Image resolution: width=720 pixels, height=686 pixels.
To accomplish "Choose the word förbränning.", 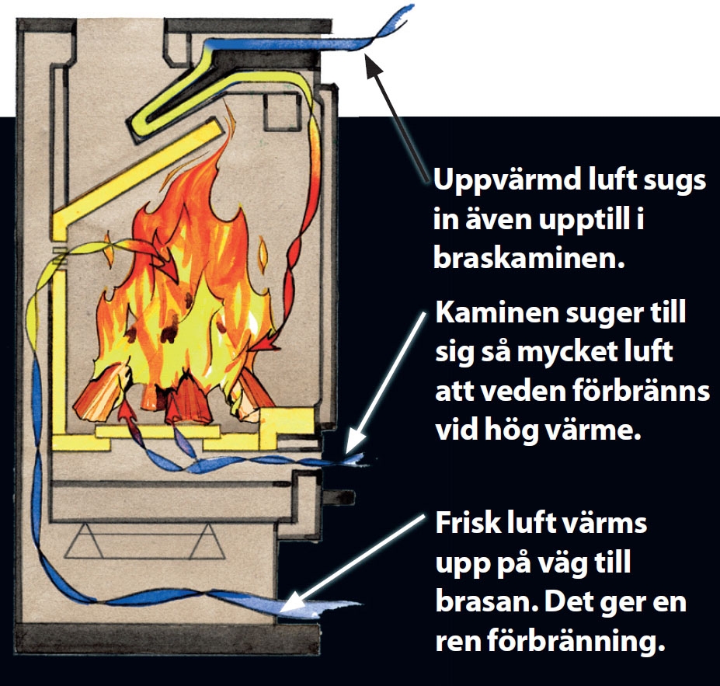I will (x=583, y=642).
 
